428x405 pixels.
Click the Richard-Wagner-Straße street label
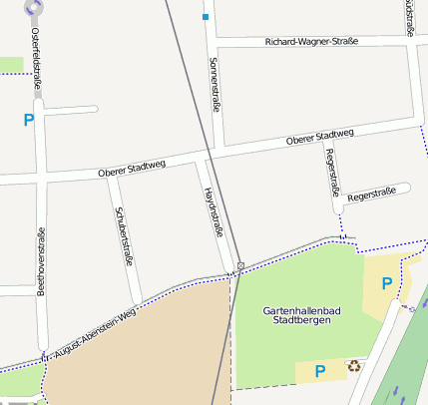311,42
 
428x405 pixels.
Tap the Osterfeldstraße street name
36,58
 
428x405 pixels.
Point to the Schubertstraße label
124,235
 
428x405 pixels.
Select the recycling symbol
354,366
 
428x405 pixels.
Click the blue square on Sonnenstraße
206,17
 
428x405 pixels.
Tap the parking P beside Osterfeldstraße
29,120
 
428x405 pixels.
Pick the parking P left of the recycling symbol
320,371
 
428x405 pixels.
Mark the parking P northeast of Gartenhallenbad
385,283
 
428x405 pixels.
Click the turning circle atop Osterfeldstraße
34,7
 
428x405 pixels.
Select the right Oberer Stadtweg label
319,137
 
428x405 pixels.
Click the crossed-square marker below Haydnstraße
240,265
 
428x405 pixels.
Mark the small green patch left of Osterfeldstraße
11,65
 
